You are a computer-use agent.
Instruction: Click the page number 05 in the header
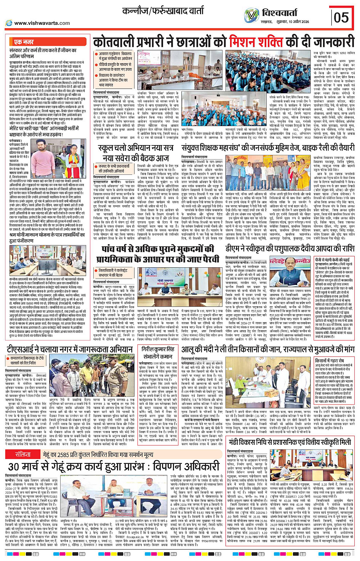coord(341,17)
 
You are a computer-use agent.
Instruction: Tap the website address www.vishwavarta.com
coord(42,23)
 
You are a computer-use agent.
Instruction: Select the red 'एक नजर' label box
coord(24,42)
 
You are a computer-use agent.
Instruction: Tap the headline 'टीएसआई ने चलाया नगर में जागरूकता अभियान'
coord(70,349)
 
